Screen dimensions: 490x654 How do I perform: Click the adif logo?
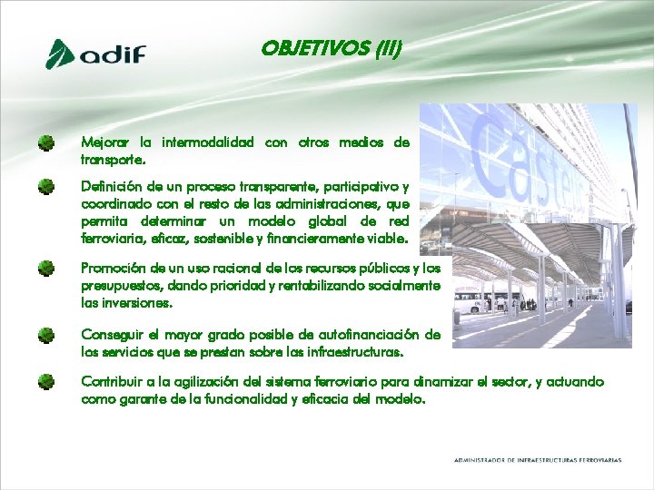tap(95, 54)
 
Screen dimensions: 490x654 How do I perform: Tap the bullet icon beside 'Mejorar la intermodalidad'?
tap(45, 142)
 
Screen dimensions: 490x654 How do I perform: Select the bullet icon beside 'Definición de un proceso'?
tap(45, 187)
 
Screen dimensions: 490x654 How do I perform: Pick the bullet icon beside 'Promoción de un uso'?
tap(45, 269)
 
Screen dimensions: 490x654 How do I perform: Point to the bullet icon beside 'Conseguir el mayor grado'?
tap(45, 335)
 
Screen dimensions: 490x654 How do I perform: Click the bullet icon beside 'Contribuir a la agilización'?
tap(45, 381)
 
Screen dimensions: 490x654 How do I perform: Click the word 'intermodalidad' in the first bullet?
tap(208, 142)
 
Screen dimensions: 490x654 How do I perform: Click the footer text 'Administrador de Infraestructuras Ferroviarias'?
tap(538, 460)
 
